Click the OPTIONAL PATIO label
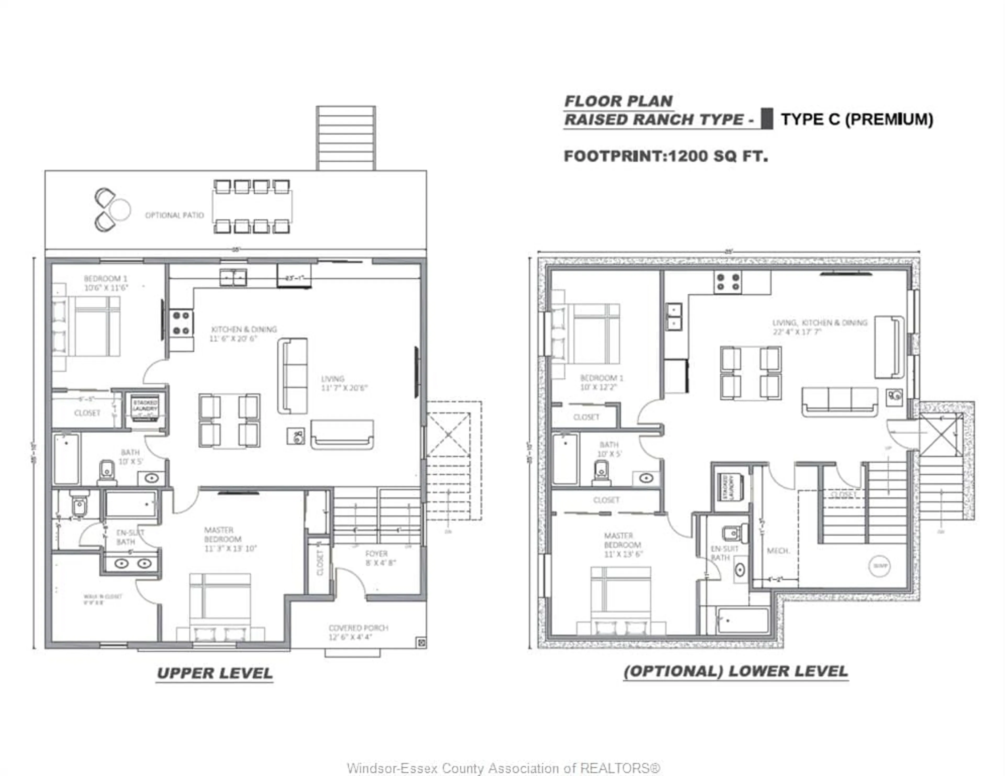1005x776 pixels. tap(174, 215)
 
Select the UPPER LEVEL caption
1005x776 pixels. tap(215, 673)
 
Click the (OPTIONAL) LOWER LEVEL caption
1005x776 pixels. tap(736, 671)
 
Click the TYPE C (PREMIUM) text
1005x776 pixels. tap(857, 120)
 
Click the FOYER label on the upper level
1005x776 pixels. tap(376, 554)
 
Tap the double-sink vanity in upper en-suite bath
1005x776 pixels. tap(132, 563)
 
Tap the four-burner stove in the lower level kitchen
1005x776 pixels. tap(728, 282)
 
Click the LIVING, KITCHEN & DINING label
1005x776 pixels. tap(819, 327)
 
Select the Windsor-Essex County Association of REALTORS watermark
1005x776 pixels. tap(504, 768)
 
